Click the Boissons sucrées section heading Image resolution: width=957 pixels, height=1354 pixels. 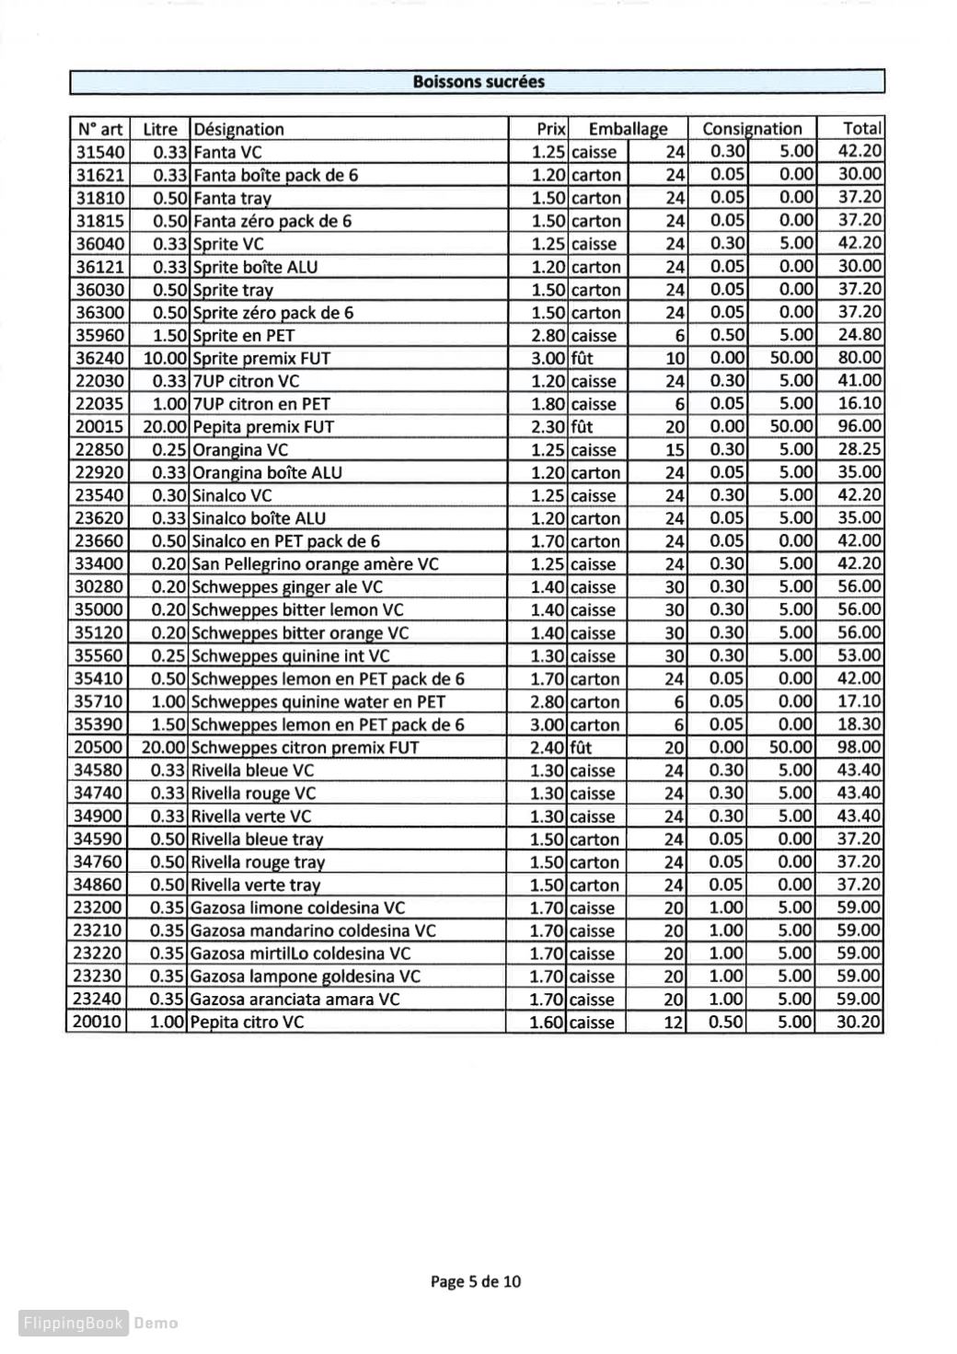[x=478, y=82]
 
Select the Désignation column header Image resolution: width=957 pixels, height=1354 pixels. [x=238, y=130]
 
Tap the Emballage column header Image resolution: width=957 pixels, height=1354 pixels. [x=628, y=130]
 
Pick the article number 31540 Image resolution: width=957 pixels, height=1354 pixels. [x=99, y=153]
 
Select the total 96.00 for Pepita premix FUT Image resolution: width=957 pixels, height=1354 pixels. [x=859, y=427]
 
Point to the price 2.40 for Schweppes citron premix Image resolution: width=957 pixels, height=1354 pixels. [x=548, y=748]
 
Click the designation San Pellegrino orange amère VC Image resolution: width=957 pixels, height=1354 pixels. [x=315, y=565]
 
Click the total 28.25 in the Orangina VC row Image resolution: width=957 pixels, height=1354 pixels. [x=859, y=450]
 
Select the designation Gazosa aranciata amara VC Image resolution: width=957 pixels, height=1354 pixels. [x=294, y=1000]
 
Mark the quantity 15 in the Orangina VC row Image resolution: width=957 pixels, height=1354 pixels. [x=675, y=450]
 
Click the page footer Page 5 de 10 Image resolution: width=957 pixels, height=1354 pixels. [x=476, y=1281]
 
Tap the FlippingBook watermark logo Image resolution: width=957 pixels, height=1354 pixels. [x=73, y=1323]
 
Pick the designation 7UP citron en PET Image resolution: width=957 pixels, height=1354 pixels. [x=261, y=404]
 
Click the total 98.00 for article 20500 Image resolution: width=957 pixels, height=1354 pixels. [x=859, y=748]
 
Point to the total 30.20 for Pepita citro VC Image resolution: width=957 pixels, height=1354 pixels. [x=859, y=1023]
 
